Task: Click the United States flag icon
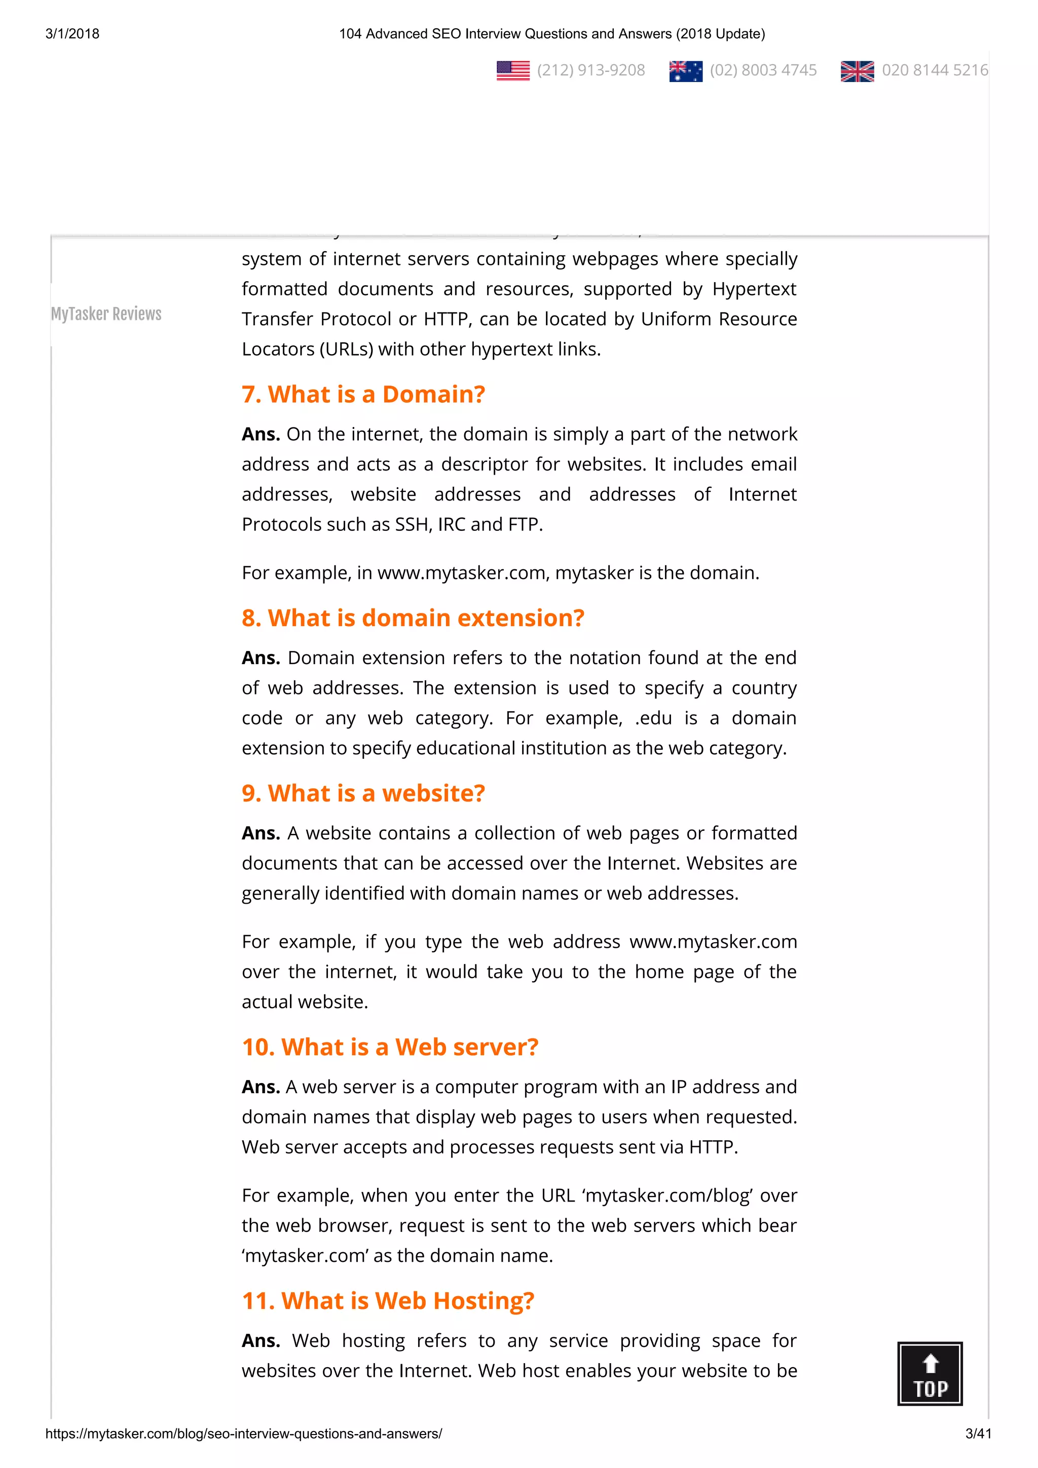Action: [x=513, y=70]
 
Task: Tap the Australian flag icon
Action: [x=686, y=71]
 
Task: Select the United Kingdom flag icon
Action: [x=857, y=71]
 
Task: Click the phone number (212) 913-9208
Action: [x=590, y=70]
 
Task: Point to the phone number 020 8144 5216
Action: [x=935, y=70]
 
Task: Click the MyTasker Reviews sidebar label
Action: [x=106, y=314]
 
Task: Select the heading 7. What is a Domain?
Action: [x=363, y=395]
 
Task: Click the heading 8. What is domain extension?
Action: [x=413, y=619]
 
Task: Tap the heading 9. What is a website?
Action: [x=363, y=793]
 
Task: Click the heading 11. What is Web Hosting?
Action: [x=388, y=1301]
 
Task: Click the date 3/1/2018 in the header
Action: [x=72, y=34]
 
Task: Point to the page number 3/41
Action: [x=978, y=1434]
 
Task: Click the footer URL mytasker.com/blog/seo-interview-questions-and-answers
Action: [x=244, y=1434]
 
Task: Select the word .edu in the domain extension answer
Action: [x=653, y=718]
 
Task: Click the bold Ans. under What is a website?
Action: [x=261, y=834]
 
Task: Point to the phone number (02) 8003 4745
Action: [x=763, y=70]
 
